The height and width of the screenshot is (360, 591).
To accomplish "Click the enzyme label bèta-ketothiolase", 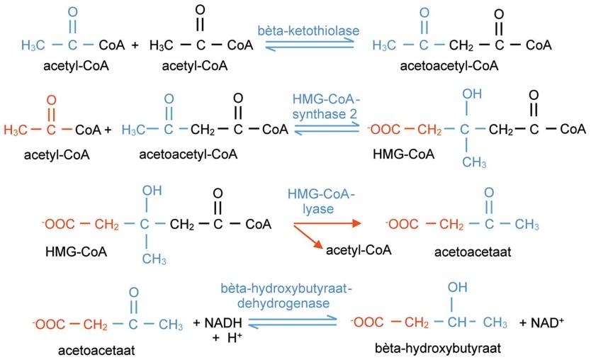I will (308, 30).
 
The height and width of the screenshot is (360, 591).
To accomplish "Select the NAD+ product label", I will (540, 323).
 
